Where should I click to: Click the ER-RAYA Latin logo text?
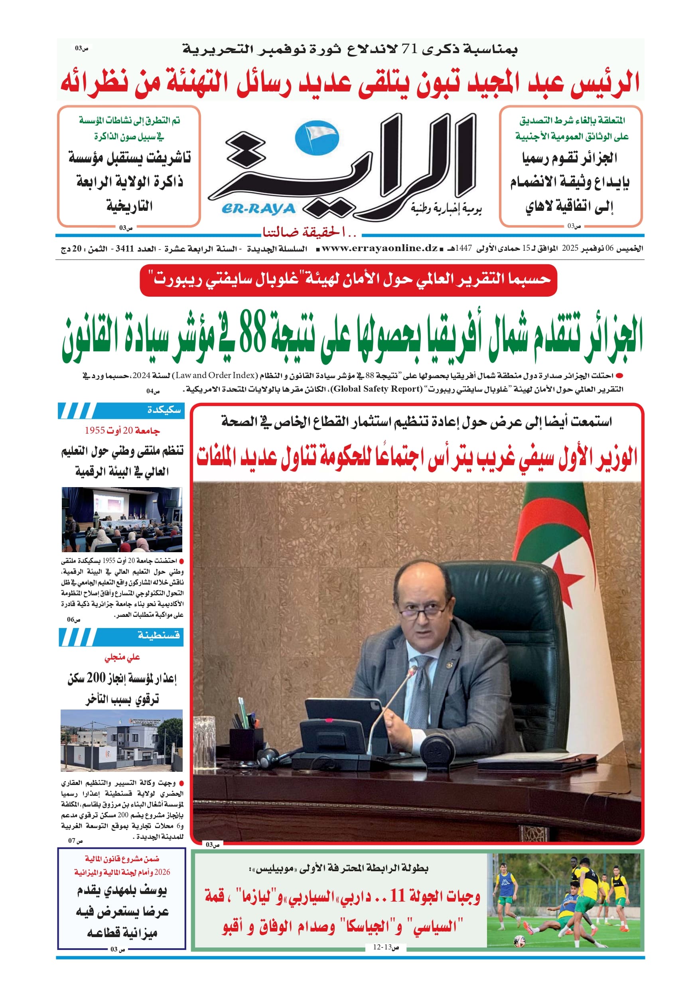coord(258,209)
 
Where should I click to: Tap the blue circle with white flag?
coord(317,138)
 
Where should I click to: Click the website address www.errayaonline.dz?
coord(380,248)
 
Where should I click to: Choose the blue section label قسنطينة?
coord(159,635)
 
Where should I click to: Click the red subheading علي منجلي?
coord(122,657)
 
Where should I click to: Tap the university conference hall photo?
coord(122,519)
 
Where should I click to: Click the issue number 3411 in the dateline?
coord(125,249)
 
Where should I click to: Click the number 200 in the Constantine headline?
coord(96,678)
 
